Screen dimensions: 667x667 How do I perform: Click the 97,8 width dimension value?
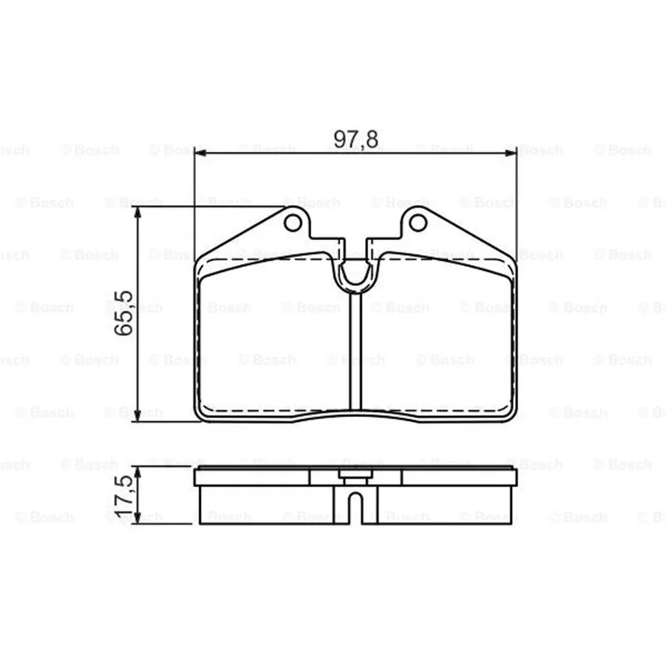(x=356, y=139)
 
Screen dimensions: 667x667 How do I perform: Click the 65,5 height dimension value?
(x=124, y=313)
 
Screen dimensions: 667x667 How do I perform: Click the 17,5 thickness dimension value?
(x=125, y=496)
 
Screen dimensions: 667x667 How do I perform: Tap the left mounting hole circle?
(x=293, y=223)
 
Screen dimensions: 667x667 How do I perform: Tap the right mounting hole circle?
(x=418, y=223)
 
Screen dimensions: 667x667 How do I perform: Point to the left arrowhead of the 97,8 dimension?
(x=200, y=153)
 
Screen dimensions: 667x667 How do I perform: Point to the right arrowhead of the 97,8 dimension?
(x=510, y=153)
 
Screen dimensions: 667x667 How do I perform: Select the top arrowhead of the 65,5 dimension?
(x=137, y=213)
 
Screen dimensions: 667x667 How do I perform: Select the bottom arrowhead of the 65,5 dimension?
(x=137, y=415)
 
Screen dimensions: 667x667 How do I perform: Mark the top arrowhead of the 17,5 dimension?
(x=137, y=472)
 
